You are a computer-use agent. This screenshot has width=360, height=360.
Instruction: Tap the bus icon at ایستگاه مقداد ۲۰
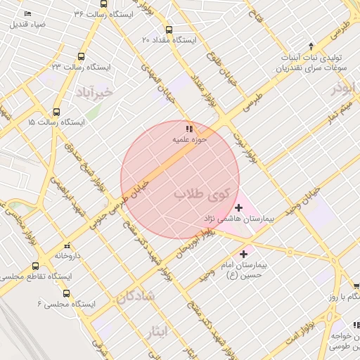(x=168, y=30)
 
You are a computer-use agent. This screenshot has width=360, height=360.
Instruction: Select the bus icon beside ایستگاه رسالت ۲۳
(x=82, y=57)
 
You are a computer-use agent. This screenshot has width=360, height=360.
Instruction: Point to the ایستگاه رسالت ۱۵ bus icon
(x=57, y=111)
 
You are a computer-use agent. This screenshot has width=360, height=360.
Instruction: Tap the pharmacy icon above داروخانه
(x=65, y=247)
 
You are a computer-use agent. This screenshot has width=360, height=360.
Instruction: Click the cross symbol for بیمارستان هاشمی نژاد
(x=239, y=207)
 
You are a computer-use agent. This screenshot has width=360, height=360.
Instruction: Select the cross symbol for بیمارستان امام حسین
(x=244, y=253)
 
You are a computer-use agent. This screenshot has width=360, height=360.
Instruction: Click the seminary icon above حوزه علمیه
(x=188, y=129)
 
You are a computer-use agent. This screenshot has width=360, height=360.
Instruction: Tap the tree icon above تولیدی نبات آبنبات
(x=312, y=46)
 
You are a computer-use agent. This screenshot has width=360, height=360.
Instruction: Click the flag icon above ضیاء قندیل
(x=27, y=14)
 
